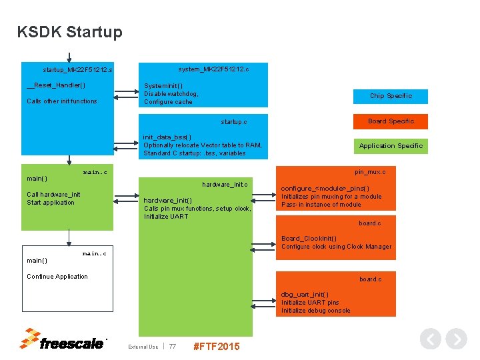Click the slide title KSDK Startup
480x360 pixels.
point(70,32)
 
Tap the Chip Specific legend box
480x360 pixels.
point(391,96)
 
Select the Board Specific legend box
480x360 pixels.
point(391,121)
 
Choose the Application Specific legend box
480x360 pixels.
point(391,146)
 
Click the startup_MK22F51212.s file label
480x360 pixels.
point(77,69)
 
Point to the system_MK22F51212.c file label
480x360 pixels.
point(213,69)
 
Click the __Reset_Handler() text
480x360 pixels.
point(56,85)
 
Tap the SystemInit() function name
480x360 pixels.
point(163,86)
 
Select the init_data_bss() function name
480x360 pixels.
point(167,137)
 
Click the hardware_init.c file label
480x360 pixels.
point(225,184)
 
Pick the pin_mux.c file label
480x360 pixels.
point(370,172)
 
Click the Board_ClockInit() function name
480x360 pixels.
point(309,239)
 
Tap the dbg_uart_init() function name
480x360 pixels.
point(305,295)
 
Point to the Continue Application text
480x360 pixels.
point(57,277)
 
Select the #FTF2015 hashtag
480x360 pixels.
point(215,347)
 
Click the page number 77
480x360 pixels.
point(173,347)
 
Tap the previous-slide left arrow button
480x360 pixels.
point(431,339)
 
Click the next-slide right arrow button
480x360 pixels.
point(456,339)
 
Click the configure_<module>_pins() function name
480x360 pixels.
point(325,189)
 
